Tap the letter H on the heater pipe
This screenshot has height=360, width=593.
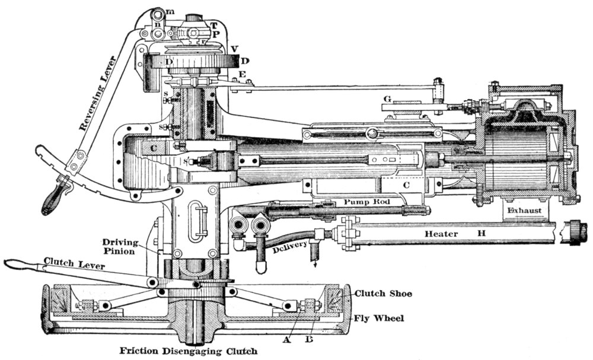click(x=482, y=234)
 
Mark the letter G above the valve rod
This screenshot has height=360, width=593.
click(x=387, y=97)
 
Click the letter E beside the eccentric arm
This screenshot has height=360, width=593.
click(x=241, y=74)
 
